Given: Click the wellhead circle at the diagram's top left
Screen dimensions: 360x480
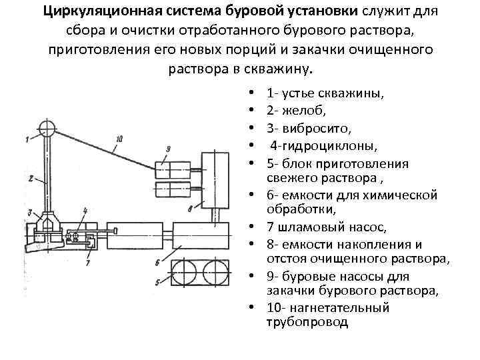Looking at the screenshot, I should [x=47, y=127].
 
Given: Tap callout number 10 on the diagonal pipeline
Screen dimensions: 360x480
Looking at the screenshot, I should [x=117, y=139].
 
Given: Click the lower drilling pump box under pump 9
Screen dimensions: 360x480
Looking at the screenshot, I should [x=173, y=189].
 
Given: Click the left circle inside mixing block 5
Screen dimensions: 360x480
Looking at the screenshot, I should [x=186, y=272].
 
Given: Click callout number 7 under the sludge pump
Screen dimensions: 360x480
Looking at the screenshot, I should [x=86, y=262].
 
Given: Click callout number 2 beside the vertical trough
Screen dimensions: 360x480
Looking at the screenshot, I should [x=31, y=178].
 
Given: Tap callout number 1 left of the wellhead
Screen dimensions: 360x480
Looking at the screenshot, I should [x=26, y=139].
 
